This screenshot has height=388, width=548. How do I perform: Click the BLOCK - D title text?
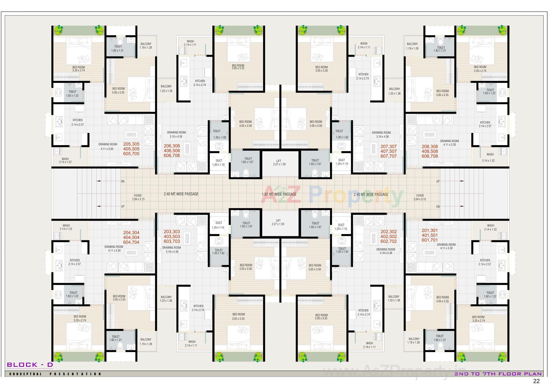[30, 365]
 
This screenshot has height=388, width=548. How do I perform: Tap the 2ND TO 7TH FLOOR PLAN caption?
[498, 374]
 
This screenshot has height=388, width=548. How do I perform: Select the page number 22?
[536, 381]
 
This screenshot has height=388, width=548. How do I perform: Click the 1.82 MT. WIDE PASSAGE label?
[279, 194]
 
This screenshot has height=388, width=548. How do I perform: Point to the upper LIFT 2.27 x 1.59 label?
[279, 163]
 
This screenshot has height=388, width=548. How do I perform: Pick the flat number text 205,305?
[131, 144]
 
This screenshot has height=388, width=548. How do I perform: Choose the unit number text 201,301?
[430, 230]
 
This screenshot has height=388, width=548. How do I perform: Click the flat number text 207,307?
[388, 146]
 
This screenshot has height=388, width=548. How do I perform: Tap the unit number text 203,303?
[172, 232]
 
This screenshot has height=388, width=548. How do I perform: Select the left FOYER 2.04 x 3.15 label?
[138, 197]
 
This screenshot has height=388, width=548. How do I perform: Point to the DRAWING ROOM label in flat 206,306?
[176, 134]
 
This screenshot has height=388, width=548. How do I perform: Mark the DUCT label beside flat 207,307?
[341, 162]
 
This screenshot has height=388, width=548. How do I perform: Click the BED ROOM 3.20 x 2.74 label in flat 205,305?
[78, 69]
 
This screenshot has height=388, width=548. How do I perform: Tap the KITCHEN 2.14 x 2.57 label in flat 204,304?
[74, 262]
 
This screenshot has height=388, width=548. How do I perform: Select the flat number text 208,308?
[430, 147]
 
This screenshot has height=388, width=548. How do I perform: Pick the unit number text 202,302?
[388, 232]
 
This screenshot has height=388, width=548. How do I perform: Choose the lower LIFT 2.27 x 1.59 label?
[278, 222]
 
